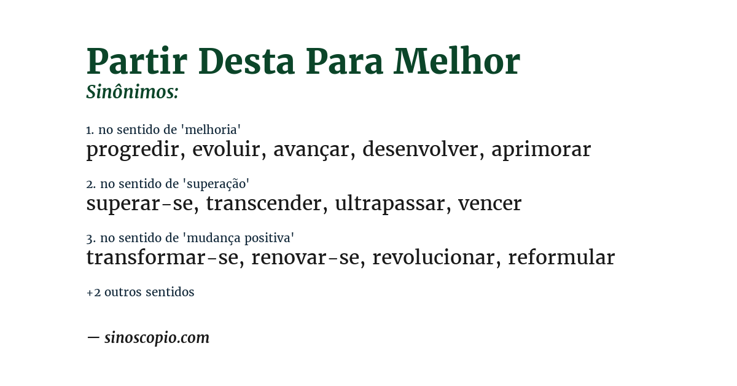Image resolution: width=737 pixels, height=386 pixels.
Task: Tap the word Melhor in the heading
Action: pos(457,61)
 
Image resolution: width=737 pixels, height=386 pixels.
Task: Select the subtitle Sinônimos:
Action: pos(132,92)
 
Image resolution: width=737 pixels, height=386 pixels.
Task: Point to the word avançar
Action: pos(311,149)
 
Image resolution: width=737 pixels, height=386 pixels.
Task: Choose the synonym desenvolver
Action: pos(420,149)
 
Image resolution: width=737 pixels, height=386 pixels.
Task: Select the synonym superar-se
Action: pos(139,203)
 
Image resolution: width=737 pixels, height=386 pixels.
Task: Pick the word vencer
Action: pos(489,203)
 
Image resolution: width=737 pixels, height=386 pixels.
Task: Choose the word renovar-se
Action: pos(305,258)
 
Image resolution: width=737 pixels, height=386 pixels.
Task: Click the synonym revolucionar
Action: pos(433,258)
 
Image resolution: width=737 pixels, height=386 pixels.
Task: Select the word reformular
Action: pos(561,258)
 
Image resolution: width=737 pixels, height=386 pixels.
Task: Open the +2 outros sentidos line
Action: pos(140,293)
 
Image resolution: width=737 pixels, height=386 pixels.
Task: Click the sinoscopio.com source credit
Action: pos(157,338)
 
